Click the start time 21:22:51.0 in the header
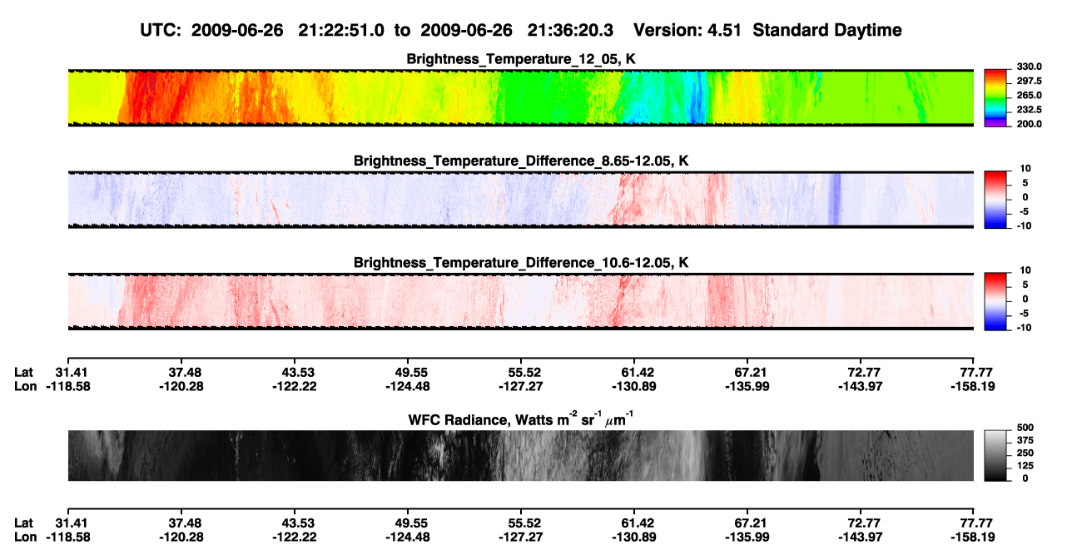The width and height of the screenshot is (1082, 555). click(341, 31)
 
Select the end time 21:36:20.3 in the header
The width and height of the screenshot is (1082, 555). click(570, 31)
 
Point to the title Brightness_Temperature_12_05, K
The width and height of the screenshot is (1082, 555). click(521, 59)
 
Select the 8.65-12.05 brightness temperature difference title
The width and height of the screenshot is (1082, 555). click(521, 161)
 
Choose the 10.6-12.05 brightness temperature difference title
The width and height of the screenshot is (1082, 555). click(521, 263)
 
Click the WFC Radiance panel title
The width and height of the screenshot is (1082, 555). click(521, 419)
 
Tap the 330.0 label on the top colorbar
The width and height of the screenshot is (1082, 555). click(1029, 67)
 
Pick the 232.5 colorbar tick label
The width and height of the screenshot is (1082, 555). click(1029, 110)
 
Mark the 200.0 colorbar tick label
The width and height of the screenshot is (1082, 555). click(1029, 124)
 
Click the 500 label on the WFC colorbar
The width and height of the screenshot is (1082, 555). click(1025, 428)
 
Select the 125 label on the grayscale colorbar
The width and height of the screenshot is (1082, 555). click(1025, 466)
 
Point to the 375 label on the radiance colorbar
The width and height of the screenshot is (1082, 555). click(1025, 440)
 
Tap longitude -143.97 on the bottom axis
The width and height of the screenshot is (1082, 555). click(861, 538)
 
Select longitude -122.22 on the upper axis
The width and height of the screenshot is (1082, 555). click(295, 386)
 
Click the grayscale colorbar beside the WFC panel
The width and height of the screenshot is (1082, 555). click(995, 455)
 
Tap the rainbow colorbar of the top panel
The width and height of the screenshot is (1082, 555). click(995, 98)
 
